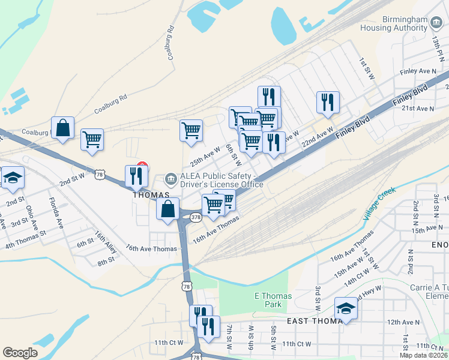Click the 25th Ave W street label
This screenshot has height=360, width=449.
[205, 158]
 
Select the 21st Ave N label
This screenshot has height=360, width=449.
[417, 109]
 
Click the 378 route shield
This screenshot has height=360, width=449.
[196, 217]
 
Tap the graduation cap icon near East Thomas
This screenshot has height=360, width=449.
[346, 308]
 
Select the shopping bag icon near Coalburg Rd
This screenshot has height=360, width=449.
[63, 127]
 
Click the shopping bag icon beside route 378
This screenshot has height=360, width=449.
[169, 209]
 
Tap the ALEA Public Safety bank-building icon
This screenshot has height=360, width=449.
[172, 179]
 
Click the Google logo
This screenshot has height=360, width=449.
[20, 353]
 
